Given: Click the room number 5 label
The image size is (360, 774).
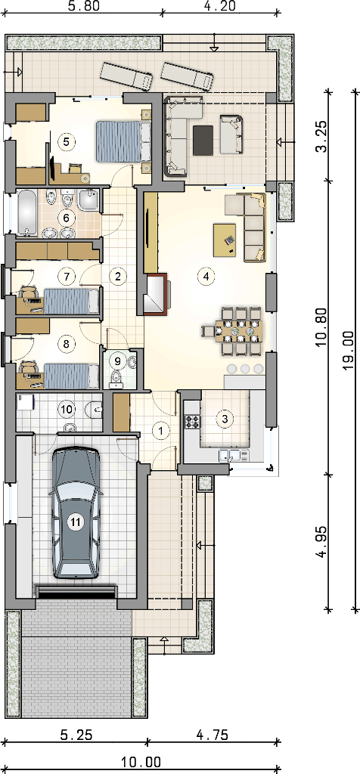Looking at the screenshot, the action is (66, 141).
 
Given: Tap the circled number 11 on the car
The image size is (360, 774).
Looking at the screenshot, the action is (76, 522).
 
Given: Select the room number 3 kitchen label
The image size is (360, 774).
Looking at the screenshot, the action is (225, 419).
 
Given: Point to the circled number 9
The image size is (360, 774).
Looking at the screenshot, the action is (117, 361).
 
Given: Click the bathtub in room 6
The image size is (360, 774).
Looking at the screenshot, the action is (28, 214).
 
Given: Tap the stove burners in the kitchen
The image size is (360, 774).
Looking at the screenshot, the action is (192, 421).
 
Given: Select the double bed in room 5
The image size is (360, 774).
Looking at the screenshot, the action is (122, 141).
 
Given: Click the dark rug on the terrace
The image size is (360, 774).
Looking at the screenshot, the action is (203, 140).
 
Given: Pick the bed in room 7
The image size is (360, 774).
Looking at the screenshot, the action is (72, 301).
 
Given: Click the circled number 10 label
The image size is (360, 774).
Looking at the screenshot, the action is (66, 408).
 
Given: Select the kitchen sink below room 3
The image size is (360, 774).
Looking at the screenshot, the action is (230, 455).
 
